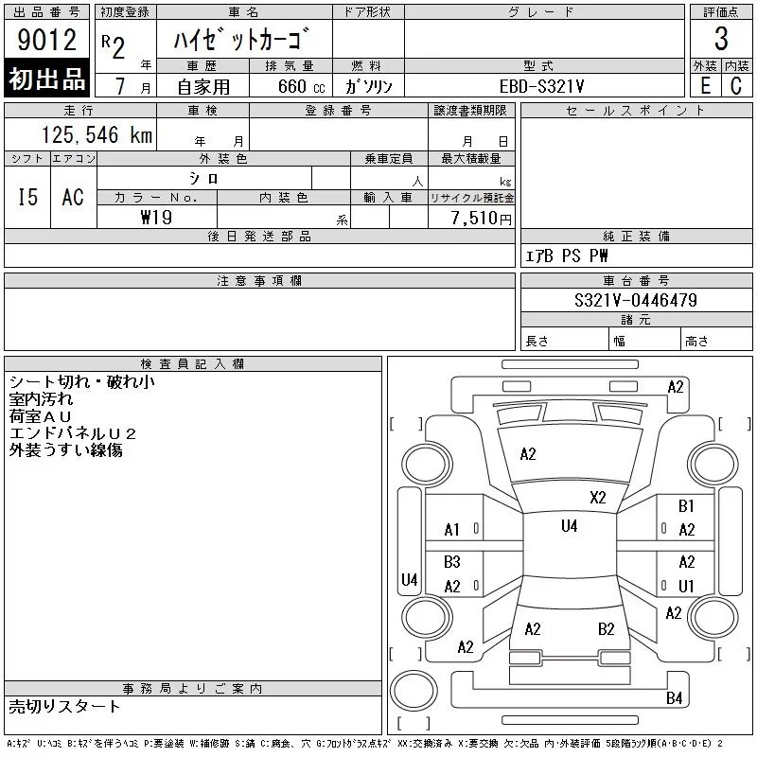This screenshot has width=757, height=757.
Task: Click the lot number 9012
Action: (x=46, y=39)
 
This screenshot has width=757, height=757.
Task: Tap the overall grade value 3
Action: (x=721, y=39)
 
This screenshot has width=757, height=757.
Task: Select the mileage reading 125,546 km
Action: (x=97, y=134)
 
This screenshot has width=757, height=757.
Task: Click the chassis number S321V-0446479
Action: (x=635, y=300)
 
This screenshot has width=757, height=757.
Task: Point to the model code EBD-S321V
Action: (x=541, y=86)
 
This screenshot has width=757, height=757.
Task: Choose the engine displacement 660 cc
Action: (x=301, y=86)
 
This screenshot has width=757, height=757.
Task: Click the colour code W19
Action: (x=156, y=218)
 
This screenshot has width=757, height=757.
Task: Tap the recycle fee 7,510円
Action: (x=481, y=219)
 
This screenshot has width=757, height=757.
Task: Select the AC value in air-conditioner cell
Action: (x=73, y=197)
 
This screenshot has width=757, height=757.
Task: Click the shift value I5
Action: (x=27, y=197)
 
